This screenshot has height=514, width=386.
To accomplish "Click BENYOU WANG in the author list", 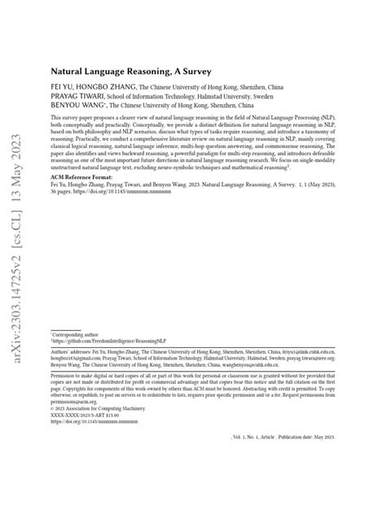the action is (x=77, y=105).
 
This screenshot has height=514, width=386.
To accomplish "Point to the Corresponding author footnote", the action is (x=77, y=333).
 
